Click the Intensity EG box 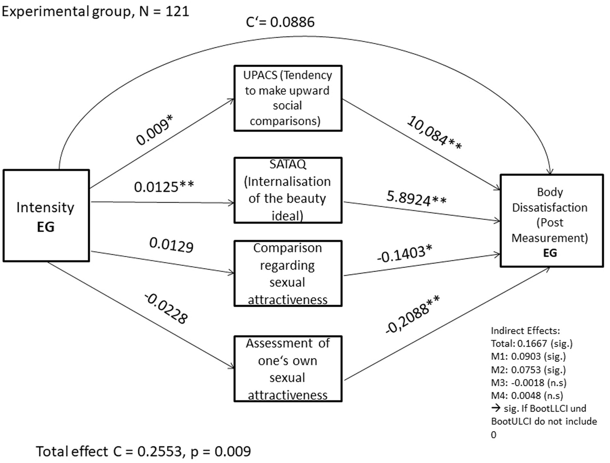pyautogui.click(x=46, y=216)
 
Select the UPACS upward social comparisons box pyautogui.click(x=288, y=98)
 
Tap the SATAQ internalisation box pyautogui.click(x=288, y=190)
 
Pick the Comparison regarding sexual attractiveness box pyautogui.click(x=288, y=273)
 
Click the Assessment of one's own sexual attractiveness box pyautogui.click(x=288, y=369)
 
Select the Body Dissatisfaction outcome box pyautogui.click(x=551, y=221)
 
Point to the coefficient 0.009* pyautogui.click(x=155, y=130)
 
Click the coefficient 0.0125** pyautogui.click(x=164, y=186)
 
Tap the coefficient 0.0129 pyautogui.click(x=171, y=245)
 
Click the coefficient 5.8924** pyautogui.click(x=416, y=198)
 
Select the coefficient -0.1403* pyautogui.click(x=404, y=254)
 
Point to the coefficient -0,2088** pyautogui.click(x=412, y=314)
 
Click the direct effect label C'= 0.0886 pyautogui.click(x=280, y=22)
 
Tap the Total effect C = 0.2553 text pyautogui.click(x=143, y=451)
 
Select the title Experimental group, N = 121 pyautogui.click(x=95, y=11)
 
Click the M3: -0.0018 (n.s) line pyautogui.click(x=529, y=382)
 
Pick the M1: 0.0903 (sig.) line pyautogui.click(x=528, y=356)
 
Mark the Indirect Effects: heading pyautogui.click(x=525, y=330)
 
